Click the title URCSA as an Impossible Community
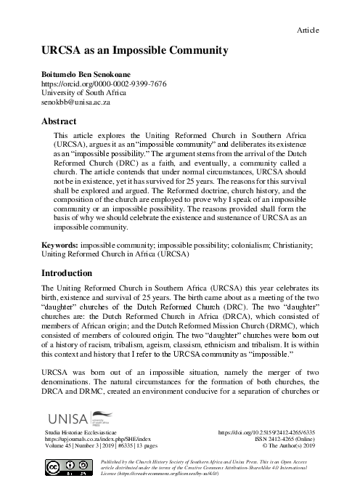(135, 51)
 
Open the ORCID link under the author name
(105, 84)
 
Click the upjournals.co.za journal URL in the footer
(97, 440)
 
